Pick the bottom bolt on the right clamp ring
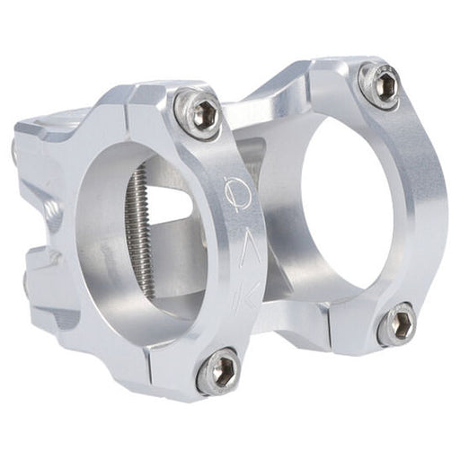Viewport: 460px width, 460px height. pyautogui.click(x=396, y=323)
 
